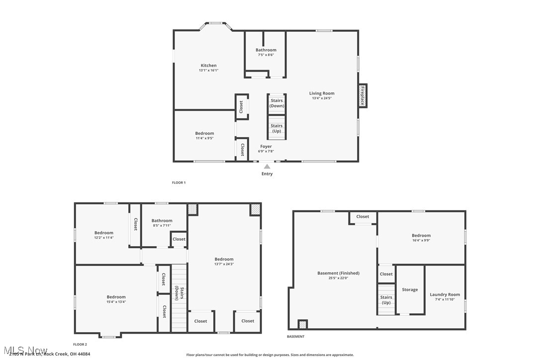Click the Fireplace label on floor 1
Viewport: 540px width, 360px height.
point(362,95)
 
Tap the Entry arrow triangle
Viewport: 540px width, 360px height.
point(267,167)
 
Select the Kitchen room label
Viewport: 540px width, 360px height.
point(208,66)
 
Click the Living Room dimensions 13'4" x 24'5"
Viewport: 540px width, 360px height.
point(322,98)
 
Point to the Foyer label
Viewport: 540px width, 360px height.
point(266,147)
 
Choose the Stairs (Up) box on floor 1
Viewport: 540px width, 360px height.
point(276,128)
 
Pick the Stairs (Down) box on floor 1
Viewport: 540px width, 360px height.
point(276,103)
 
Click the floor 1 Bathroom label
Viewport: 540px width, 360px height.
point(266,50)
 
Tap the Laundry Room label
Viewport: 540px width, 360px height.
point(445,294)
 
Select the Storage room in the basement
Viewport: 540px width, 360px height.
point(410,289)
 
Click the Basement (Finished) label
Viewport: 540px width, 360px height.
point(338,273)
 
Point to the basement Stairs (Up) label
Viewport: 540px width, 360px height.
point(386,300)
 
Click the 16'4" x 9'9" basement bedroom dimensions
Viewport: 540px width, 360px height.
point(421,241)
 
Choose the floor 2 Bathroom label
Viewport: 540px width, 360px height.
point(162,221)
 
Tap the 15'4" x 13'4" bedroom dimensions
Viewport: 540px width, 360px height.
point(116,302)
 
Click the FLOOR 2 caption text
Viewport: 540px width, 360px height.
point(80,344)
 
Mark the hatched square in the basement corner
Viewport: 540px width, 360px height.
point(302,325)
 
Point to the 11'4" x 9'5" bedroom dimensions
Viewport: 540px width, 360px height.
point(204,138)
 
